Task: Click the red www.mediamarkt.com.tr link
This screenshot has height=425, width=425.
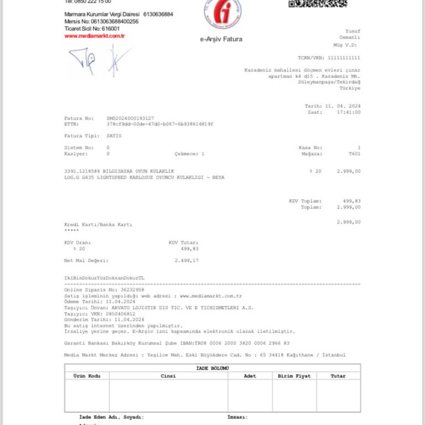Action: click(94, 36)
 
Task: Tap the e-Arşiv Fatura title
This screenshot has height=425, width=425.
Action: click(221, 39)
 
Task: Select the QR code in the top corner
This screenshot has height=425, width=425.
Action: click(318, 3)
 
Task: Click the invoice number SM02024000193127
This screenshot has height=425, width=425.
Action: click(130, 118)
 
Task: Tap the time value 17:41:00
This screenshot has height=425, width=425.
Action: click(350, 112)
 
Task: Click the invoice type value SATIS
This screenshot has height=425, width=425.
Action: click(114, 136)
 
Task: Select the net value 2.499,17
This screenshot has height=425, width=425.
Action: click(186, 260)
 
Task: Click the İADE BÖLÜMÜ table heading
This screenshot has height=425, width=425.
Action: click(212, 368)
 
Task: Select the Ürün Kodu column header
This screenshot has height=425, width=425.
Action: click(87, 376)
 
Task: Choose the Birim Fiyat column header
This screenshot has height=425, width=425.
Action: click(294, 376)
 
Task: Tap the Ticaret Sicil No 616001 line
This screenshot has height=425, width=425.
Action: click(92, 28)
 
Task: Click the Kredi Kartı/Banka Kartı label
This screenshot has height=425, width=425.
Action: click(99, 225)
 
